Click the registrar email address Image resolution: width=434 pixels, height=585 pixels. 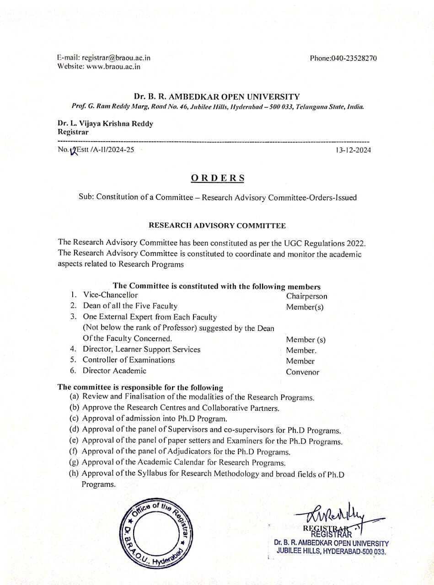pos(116,58)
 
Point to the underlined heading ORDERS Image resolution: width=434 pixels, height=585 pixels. pos(217,178)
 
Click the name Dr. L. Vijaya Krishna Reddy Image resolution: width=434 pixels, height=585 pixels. pos(106,124)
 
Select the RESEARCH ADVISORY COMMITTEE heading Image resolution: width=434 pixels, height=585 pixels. pos(217,226)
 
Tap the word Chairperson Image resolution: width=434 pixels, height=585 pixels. pos(306,296)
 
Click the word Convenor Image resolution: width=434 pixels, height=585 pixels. pos(302,372)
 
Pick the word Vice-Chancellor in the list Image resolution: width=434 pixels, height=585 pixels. pos(110,295)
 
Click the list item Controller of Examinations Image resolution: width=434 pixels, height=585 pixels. pos(129,360)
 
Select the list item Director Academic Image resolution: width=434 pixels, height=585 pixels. pos(114,371)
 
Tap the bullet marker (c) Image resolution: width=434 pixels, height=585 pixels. pos(74,418)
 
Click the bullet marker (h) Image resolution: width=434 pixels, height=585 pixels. pos(74,473)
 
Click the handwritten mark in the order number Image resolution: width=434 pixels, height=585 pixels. pos(73,150)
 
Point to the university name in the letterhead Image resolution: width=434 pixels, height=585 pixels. pos(217,97)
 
